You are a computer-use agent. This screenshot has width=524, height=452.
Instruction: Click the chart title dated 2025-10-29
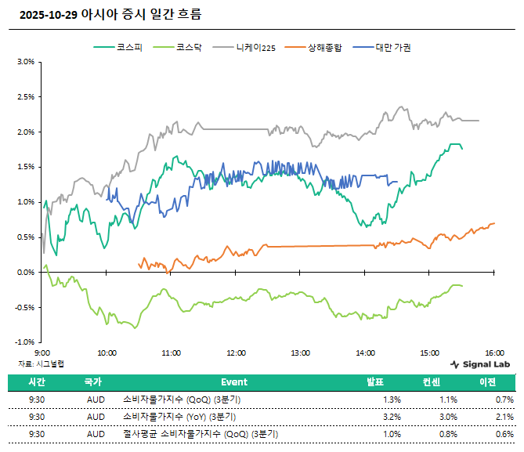pos(109,14)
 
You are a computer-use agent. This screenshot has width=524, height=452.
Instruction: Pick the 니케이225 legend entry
pos(255,48)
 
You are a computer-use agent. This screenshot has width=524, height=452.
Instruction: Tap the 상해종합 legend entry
pos(323,48)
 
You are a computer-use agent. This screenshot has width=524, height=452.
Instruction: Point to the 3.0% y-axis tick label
pos(25,62)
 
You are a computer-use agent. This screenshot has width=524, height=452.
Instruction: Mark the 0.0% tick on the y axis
pos(25,272)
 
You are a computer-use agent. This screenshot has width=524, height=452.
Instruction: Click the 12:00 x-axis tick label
pos(236,353)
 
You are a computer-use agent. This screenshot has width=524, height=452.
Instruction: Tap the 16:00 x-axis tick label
pos(493,353)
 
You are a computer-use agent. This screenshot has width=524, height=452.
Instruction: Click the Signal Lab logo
pos(480,364)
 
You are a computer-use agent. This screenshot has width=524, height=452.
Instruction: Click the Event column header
pos(233,382)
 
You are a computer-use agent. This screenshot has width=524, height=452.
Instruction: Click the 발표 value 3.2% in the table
pos(392,416)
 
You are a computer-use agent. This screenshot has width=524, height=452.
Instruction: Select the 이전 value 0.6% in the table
pos(504,433)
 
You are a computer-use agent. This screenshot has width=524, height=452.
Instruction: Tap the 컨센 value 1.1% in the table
pos(448,399)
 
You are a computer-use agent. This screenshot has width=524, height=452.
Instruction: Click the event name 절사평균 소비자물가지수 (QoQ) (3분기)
pos(200,433)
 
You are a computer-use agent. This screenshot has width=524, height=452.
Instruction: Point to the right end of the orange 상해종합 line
pos(494,223)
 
